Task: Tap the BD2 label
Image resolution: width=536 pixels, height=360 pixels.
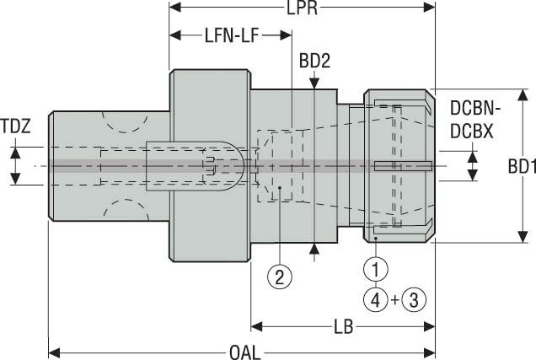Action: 314,62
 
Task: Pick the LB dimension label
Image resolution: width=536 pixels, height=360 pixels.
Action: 343,324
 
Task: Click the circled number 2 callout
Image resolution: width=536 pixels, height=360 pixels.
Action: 279,275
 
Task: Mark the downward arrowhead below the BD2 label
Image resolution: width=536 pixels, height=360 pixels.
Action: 314,83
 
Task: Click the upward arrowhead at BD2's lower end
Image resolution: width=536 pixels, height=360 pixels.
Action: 314,247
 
